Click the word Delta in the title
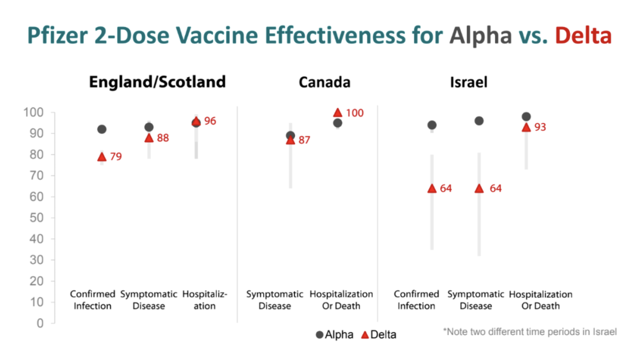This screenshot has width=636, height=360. pos(583,36)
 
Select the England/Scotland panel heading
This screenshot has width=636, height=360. pos(157,82)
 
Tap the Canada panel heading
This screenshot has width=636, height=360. pos(324,82)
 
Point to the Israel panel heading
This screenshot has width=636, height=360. pos(469,82)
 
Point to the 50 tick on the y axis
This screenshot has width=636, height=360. pos(36,218)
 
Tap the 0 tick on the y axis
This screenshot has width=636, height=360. pos(40,323)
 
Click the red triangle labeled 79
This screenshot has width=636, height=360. pos(102,157)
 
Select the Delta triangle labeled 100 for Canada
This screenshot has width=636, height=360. pos(337,113)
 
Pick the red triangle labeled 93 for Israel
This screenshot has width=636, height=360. pos(526,127)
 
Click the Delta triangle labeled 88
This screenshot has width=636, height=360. pos(149,138)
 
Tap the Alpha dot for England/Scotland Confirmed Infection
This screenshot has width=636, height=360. pos(102,129)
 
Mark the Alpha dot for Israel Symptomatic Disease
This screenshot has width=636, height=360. pos(479,121)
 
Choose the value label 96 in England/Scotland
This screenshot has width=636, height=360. pos(210,121)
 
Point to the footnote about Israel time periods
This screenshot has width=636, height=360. pos(529,331)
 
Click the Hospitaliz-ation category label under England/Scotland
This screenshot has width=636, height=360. pos(204,300)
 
